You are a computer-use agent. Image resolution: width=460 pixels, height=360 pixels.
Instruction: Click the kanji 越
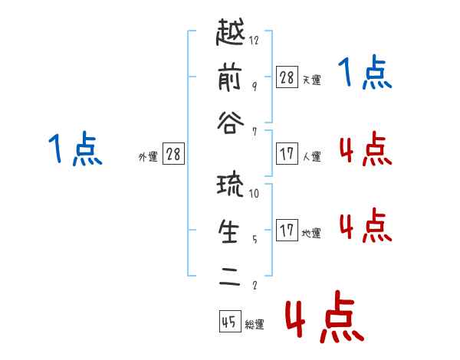(230, 31)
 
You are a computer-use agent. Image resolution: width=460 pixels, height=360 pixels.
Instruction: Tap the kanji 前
(230, 77)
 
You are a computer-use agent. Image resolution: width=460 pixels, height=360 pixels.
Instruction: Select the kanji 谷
(230, 123)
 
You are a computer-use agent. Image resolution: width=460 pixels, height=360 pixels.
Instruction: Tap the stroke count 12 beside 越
(254, 40)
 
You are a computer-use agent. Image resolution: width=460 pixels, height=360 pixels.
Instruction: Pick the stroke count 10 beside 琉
(254, 193)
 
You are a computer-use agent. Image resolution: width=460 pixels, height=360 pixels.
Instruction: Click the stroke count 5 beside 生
(255, 239)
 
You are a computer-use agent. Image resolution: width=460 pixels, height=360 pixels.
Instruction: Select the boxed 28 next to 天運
(287, 77)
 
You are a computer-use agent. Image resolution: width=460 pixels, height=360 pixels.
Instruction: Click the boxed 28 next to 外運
(173, 154)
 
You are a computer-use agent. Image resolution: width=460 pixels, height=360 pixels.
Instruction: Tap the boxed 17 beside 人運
(287, 154)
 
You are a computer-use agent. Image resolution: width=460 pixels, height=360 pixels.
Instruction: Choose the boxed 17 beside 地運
(287, 230)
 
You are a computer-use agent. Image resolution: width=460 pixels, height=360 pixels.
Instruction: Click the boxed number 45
(230, 321)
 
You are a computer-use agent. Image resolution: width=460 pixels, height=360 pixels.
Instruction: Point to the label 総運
(255, 325)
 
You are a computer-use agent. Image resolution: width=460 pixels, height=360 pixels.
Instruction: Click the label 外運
(148, 156)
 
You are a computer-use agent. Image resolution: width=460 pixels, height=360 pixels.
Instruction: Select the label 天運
(311, 80)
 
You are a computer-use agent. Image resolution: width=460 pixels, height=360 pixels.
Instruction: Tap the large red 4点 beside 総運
(325, 317)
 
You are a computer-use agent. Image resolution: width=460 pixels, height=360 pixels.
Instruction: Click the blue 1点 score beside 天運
(365, 72)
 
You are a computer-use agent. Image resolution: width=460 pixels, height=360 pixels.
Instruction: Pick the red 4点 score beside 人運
(366, 149)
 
